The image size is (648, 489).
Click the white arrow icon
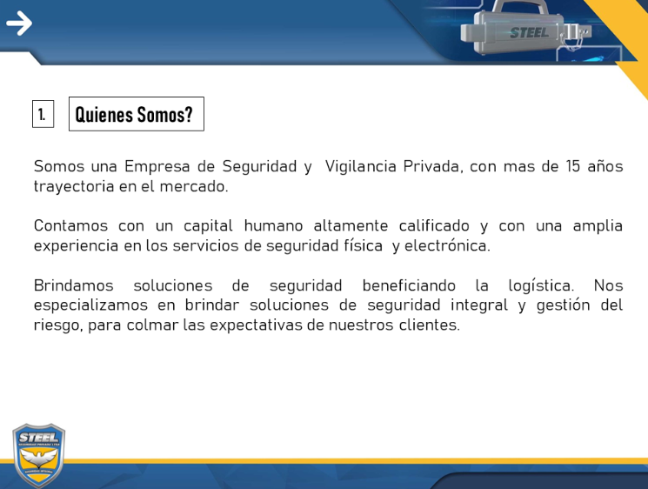click(19, 23)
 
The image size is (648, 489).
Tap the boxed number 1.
click(43, 114)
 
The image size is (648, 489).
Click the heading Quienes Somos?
click(134, 114)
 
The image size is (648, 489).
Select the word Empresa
click(157, 166)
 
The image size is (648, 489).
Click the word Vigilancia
click(360, 166)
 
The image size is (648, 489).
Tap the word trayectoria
click(74, 186)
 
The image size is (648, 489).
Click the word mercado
click(194, 186)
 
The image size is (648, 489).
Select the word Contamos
click(70, 226)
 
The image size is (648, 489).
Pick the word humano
click(273, 226)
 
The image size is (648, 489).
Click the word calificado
click(434, 226)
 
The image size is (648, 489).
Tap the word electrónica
click(447, 245)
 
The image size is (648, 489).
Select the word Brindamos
click(74, 285)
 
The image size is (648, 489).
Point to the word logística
click(541, 286)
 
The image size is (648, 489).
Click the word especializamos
click(90, 305)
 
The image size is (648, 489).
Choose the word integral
click(479, 305)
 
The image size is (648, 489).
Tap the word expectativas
click(257, 325)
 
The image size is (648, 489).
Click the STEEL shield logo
click(39, 456)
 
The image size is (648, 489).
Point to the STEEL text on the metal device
click(530, 33)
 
